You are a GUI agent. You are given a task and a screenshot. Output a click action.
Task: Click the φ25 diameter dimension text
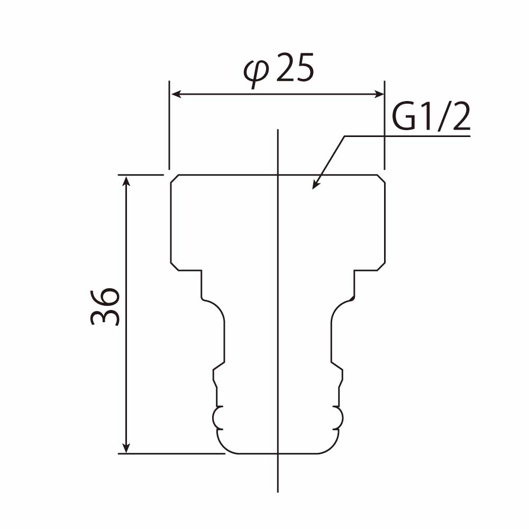[279, 71]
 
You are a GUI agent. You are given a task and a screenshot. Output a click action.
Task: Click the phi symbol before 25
[257, 74]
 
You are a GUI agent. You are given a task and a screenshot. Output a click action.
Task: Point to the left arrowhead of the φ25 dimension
[177, 94]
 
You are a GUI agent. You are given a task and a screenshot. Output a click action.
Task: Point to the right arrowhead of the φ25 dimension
[378, 94]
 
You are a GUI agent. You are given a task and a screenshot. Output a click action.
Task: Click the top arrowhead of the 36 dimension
[126, 181]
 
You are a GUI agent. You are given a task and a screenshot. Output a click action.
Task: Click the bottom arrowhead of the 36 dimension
[126, 448]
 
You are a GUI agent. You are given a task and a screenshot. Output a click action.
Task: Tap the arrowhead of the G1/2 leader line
[316, 184]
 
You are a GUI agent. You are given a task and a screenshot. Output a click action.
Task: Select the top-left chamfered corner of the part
[175, 179]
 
